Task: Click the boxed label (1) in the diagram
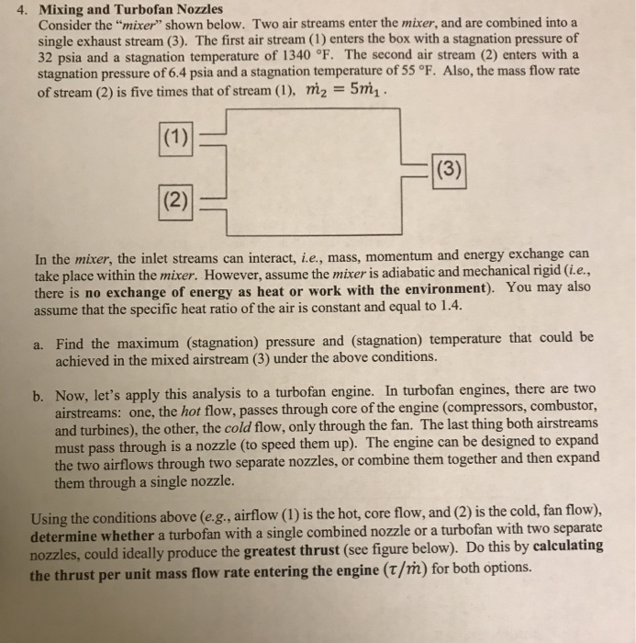pos(175,141)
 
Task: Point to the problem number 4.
pos(27,9)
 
